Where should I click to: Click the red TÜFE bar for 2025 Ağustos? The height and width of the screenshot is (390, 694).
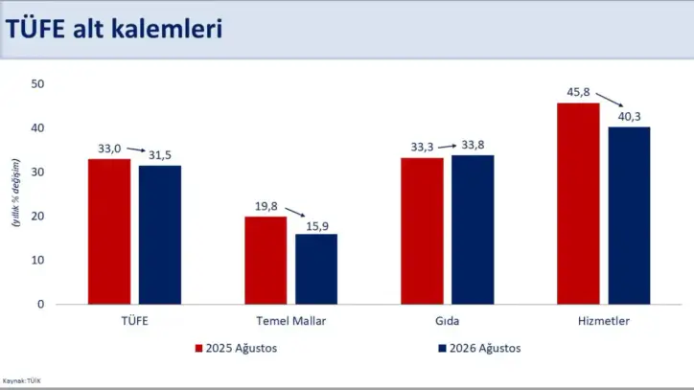109,232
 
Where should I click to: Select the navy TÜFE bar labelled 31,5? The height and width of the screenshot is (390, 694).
160,235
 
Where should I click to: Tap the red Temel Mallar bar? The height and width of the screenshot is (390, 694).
266,261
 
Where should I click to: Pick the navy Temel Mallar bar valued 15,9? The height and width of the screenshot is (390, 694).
316,269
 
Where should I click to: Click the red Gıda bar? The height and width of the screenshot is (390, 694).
422,231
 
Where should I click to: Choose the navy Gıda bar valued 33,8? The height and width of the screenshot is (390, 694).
473,230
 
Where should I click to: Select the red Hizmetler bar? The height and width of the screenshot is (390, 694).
578,204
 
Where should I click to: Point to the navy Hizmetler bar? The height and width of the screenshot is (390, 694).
629,216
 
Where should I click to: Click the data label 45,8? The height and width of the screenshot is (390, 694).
578,92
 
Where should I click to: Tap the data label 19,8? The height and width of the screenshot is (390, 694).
266,206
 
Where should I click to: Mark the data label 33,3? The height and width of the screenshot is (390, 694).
422,147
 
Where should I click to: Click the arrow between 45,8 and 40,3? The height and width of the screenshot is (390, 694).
610,100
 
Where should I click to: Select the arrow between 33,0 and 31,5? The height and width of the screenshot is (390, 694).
136,149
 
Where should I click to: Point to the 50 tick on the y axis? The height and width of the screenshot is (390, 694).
37,84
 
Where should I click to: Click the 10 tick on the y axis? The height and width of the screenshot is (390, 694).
37,261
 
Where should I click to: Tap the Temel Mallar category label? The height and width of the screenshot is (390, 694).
290,321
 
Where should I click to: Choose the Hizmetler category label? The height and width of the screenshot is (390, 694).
604,321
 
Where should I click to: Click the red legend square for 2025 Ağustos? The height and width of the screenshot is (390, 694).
198,349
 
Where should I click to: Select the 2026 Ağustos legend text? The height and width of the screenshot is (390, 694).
485,349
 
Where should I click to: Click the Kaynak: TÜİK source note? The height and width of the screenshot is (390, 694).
22,380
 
